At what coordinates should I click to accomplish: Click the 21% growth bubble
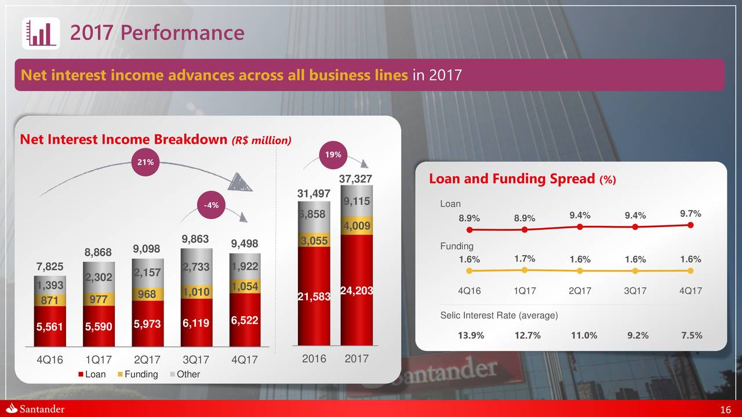145,162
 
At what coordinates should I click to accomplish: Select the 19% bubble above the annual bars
332,155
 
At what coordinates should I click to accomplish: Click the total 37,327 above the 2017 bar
355,180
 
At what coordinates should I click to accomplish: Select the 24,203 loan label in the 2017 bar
356,291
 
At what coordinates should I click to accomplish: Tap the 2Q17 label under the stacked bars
147,359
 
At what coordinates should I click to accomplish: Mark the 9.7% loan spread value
690,214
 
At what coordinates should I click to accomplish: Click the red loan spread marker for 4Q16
469,229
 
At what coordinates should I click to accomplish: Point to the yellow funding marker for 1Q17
524,270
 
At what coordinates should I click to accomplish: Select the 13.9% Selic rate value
471,336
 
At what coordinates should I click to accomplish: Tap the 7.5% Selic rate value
692,336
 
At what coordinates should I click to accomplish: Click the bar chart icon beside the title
41,33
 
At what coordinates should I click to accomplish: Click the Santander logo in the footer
35,409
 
